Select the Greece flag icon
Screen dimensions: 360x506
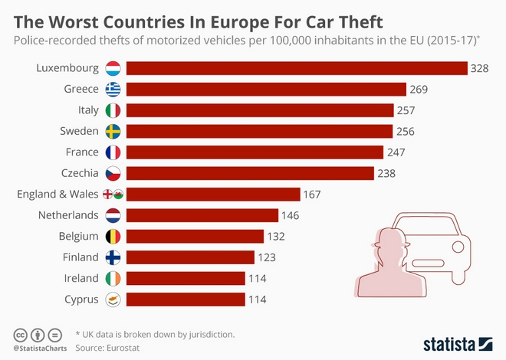[x=113, y=89]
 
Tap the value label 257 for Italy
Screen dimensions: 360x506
[x=406, y=110]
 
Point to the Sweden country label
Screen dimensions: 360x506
[x=80, y=131]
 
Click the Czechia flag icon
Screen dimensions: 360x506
[x=113, y=173]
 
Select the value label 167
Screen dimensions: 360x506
[x=312, y=194]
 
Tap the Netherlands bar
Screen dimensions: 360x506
[x=202, y=215]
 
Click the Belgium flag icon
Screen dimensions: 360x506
[x=113, y=236]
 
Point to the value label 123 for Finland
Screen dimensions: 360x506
[x=266, y=257]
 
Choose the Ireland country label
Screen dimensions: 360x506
[x=80, y=278]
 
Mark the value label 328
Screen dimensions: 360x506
[x=480, y=68]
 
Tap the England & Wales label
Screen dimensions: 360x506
[x=52, y=194]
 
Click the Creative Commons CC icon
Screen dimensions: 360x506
[x=21, y=335]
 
